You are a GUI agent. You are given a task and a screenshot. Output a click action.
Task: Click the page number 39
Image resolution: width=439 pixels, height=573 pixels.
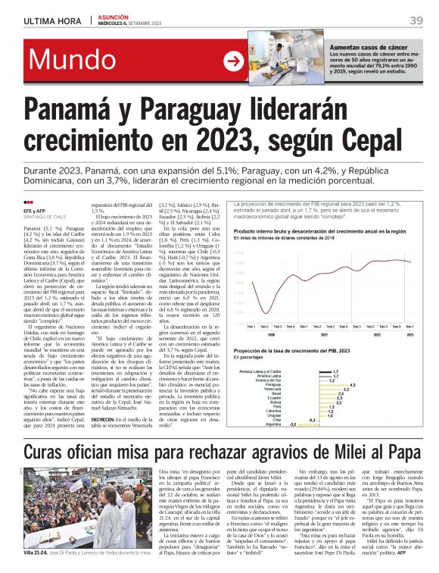click(x=416, y=21)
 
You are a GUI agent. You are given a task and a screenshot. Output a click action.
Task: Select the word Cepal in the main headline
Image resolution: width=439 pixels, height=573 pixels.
click(x=378, y=140)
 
